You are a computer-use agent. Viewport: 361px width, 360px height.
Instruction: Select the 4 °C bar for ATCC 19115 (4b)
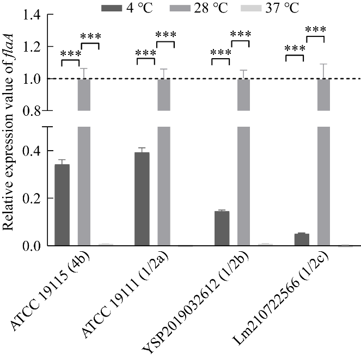point(62,205)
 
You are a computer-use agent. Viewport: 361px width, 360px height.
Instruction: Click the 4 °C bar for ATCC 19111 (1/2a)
point(142,199)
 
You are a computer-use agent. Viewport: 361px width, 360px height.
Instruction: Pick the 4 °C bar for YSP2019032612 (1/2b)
point(222,228)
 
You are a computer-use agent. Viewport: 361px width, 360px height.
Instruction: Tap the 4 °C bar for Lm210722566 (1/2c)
point(302,240)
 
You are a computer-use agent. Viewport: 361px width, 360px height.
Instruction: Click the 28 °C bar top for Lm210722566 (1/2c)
point(325,79)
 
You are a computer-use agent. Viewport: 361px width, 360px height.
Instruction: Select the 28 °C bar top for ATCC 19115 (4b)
point(85,79)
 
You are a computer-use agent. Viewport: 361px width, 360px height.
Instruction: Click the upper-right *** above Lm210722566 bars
point(315,29)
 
